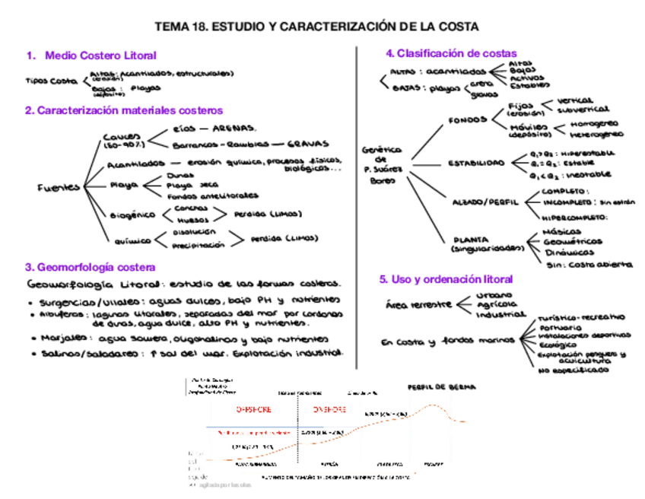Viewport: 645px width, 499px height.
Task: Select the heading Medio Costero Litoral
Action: click(100, 56)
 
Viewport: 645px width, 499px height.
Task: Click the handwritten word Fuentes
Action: click(58, 188)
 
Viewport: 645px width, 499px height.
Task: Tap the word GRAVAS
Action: click(308, 143)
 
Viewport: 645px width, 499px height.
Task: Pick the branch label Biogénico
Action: click(132, 215)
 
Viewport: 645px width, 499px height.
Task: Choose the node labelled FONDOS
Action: click(469, 119)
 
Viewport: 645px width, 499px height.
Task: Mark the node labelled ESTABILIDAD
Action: click(475, 163)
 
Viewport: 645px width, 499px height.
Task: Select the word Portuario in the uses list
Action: click(558, 326)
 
